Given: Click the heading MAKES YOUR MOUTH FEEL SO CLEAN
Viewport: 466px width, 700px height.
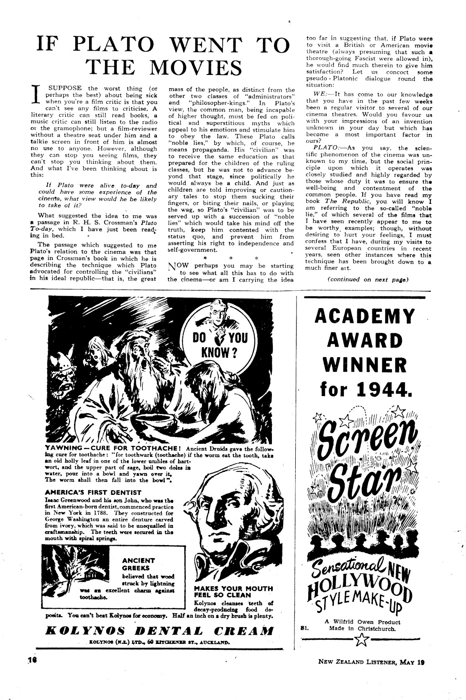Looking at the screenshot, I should (233, 592).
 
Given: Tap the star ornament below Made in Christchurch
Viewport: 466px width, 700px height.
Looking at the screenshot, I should (360, 639).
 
